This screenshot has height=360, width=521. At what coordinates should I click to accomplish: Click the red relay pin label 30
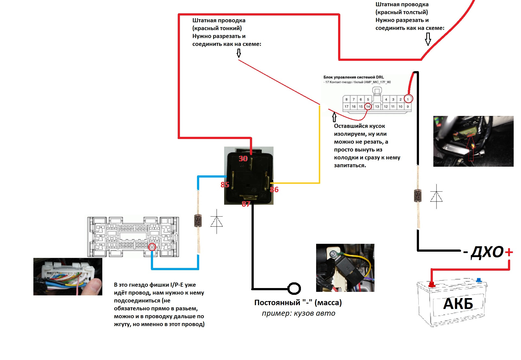pos(243,159)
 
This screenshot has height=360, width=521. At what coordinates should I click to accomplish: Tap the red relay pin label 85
pos(225,185)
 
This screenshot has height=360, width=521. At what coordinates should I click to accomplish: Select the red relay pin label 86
pos(274,190)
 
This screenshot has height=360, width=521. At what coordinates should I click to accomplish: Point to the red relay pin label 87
pos(246,204)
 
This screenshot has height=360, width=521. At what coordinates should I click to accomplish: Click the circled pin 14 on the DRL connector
pos(368,106)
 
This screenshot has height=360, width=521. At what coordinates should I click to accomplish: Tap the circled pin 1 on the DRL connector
pos(408,99)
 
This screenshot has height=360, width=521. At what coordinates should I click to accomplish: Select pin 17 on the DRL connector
pos(347,106)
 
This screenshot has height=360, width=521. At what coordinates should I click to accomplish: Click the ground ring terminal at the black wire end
pos(294,288)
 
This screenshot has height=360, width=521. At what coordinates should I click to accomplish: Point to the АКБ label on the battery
pos(458,304)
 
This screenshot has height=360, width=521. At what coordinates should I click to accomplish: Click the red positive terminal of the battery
pos(431,285)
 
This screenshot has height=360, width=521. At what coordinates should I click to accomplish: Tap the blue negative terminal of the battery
pos(479,280)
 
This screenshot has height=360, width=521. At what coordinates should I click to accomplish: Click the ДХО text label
pos(487,252)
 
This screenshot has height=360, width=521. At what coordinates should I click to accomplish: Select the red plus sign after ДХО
pos(509,252)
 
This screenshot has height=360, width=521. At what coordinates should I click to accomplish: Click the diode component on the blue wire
pos(198,220)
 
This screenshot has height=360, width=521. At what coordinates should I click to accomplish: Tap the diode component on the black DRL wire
pos(418,195)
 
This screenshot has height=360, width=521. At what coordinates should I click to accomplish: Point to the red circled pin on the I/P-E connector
pos(152,247)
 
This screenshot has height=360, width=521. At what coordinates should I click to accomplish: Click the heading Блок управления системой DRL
pos(354,77)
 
